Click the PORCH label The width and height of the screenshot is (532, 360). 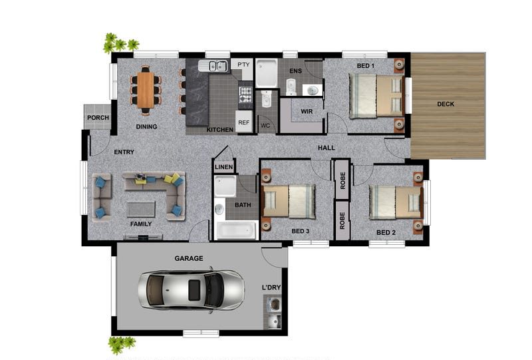(98, 118)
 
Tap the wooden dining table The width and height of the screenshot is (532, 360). (146, 90)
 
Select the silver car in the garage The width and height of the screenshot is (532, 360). (191, 289)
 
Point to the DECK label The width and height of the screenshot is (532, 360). (446, 104)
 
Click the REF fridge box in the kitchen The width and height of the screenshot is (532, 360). (244, 122)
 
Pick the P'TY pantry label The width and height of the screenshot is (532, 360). (243, 65)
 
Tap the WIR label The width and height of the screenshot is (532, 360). (307, 111)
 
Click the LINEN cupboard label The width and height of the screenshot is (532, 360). (224, 167)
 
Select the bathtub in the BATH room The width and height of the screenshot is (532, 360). (237, 230)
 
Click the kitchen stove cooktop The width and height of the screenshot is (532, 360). (245, 94)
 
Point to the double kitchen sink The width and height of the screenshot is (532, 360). (213, 66)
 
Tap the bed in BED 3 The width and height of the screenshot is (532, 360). (289, 201)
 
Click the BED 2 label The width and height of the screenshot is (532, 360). (386, 233)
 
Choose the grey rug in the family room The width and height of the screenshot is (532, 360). (141, 209)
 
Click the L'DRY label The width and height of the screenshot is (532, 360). (271, 287)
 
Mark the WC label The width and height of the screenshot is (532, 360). (265, 126)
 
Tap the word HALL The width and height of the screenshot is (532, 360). (327, 148)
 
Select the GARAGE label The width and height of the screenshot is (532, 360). (189, 258)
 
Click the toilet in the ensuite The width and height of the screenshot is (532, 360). (291, 87)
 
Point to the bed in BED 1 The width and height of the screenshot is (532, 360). (376, 96)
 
